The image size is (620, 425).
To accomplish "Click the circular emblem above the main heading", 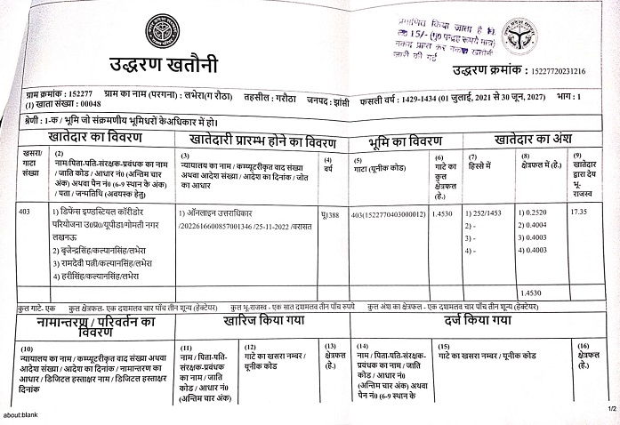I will click(x=162, y=31).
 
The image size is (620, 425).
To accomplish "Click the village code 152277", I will click(x=81, y=93).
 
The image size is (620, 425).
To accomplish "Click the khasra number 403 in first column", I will click(x=24, y=212).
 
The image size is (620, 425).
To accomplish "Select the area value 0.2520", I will click(x=537, y=213).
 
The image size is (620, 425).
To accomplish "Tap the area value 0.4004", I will click(x=537, y=227).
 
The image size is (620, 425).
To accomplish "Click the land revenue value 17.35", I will click(x=579, y=212).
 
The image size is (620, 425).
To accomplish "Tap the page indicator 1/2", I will click(x=611, y=409).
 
